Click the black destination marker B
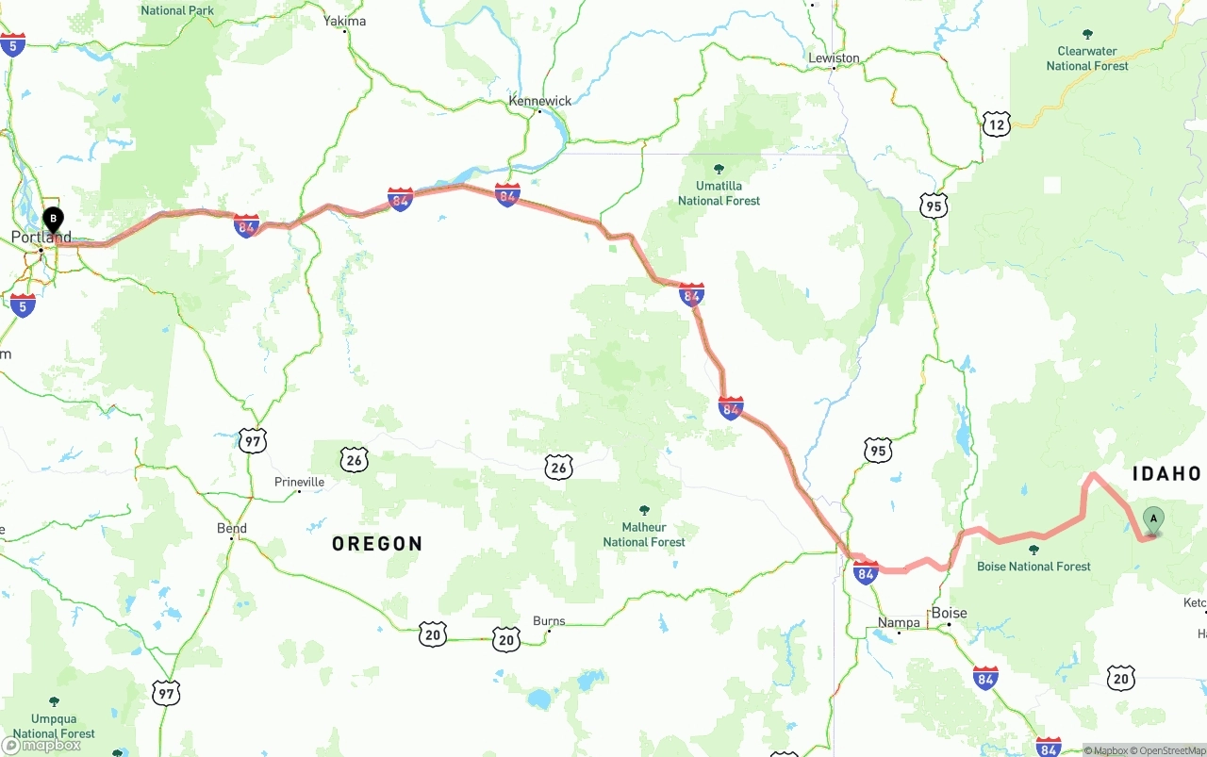(54, 220)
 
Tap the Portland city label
(41, 237)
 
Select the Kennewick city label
(540, 101)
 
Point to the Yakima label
(344, 21)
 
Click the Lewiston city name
(835, 58)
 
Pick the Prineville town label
(299, 482)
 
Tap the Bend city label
(232, 528)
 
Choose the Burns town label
(549, 621)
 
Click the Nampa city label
(899, 622)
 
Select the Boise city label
(950, 614)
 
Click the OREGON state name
(377, 544)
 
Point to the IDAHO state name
(1166, 474)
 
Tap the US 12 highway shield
(997, 123)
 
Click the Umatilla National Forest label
(719, 193)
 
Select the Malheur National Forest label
(644, 535)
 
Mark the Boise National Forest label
(1033, 566)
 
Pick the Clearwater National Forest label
(1087, 58)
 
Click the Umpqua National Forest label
(54, 726)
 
